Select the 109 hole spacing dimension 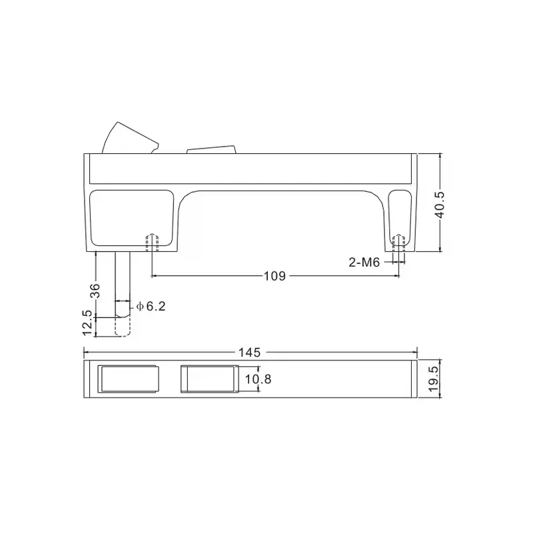coord(276,276)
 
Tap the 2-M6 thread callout coord(364,263)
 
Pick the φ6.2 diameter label coord(151,306)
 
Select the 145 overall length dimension coord(250,352)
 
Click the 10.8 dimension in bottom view coord(257,380)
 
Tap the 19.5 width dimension coord(432,380)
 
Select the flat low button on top coord(212,149)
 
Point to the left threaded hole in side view coord(153,242)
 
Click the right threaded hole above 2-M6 coord(398,243)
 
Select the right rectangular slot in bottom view coord(209,380)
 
